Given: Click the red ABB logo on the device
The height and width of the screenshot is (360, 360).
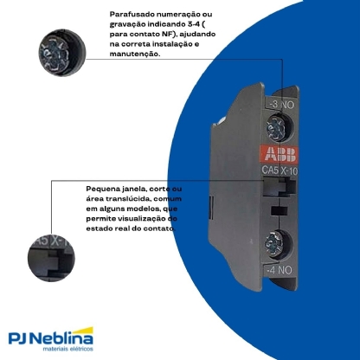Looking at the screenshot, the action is point(279,154).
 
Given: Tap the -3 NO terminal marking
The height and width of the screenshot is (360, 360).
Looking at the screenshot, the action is point(281,104).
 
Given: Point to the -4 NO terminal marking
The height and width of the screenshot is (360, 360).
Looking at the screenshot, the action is point(279,270).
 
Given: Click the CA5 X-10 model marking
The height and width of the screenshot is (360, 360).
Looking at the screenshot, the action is point(280,170).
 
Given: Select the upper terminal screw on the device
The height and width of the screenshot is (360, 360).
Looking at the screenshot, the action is point(277,127).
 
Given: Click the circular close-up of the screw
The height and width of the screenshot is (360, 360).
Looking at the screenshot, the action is point(62,53).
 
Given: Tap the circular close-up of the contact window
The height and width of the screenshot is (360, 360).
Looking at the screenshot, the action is point(51,258).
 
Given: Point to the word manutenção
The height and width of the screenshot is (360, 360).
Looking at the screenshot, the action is point(135,54).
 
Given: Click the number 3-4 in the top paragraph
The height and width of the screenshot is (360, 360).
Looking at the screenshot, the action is point(191,24).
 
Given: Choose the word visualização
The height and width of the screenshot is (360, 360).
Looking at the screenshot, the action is point(141,219).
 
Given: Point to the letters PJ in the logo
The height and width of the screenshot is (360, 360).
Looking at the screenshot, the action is point(18,338).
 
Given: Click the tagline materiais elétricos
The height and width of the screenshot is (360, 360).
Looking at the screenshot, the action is point(68,349).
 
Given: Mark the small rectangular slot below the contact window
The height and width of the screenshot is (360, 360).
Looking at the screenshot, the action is point(280,210).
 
